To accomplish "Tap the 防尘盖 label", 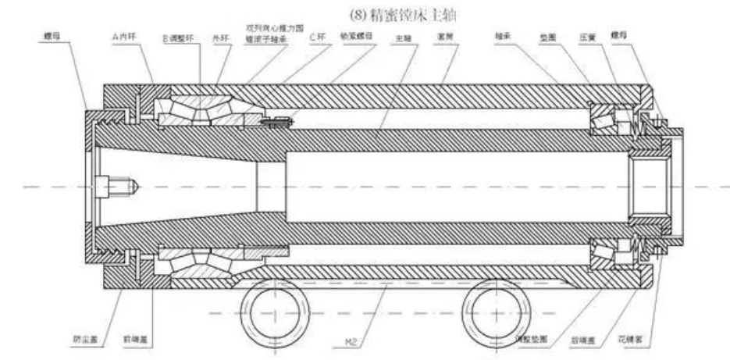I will click(x=85, y=340).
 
